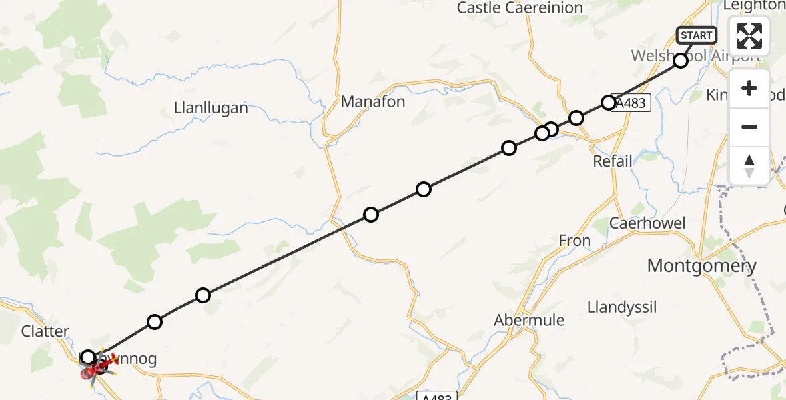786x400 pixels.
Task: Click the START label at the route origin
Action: pyautogui.click(x=696, y=35)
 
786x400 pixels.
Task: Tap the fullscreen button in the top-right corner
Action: pyautogui.click(x=749, y=36)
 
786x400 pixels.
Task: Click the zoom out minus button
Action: pyautogui.click(x=749, y=127)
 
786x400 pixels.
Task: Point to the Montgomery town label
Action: pyautogui.click(x=701, y=267)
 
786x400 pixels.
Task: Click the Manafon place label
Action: pyautogui.click(x=373, y=102)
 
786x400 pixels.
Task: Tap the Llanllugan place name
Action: pyautogui.click(x=210, y=107)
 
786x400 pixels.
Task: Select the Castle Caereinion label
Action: pyautogui.click(x=520, y=8)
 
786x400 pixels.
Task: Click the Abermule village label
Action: pyautogui.click(x=529, y=320)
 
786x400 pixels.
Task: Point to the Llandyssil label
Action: pyautogui.click(x=622, y=307)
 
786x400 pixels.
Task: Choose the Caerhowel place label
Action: pyautogui.click(x=647, y=223)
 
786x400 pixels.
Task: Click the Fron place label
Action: pyautogui.click(x=574, y=241)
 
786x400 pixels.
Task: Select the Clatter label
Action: pyautogui.click(x=45, y=331)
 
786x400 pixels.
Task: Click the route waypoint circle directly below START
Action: pyautogui.click(x=681, y=61)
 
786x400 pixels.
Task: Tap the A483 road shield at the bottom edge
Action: pyautogui.click(x=436, y=397)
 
